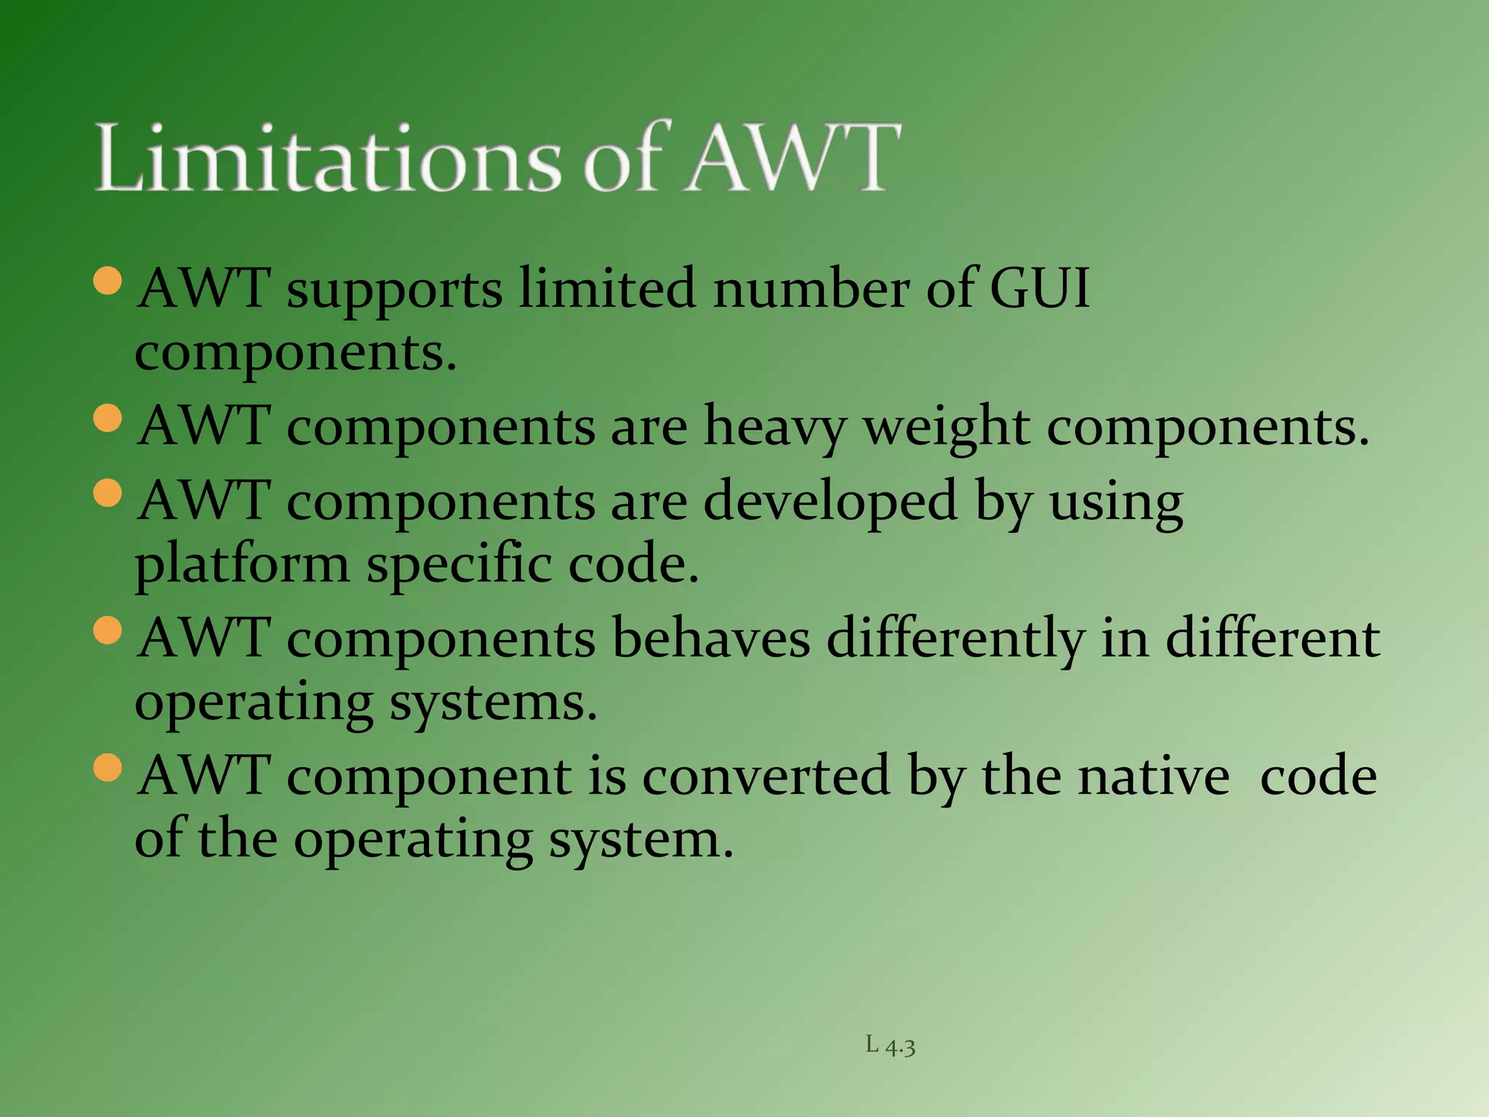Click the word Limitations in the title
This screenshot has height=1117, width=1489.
tap(328, 158)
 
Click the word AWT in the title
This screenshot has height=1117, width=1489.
tap(792, 158)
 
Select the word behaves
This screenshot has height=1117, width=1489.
tap(710, 638)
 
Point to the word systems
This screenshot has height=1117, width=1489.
tap(493, 704)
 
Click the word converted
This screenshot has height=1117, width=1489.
tap(766, 776)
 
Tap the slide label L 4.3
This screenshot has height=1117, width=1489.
tap(890, 1046)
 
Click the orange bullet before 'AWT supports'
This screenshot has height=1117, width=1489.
tap(108, 281)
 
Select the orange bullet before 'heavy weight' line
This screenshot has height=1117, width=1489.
tap(108, 418)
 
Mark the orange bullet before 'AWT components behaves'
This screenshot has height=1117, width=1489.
tap(108, 630)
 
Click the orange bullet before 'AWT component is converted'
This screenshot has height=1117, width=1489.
tap(108, 768)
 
